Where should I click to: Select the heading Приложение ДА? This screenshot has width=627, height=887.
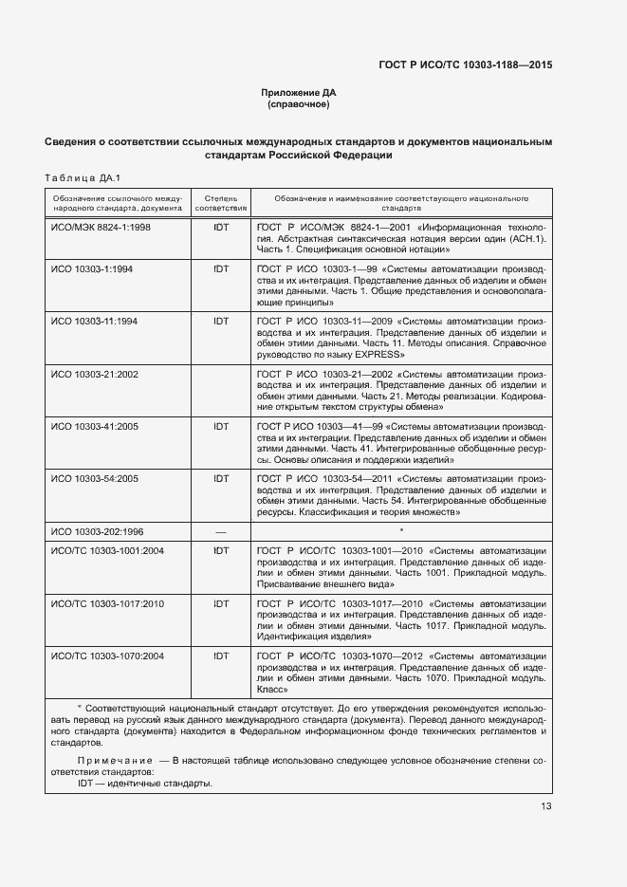[x=299, y=92]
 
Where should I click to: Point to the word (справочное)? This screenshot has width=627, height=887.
[x=299, y=103]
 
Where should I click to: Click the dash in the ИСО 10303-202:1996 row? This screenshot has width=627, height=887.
[x=221, y=531]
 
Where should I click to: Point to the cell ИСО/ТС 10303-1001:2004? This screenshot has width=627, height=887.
[x=107, y=550]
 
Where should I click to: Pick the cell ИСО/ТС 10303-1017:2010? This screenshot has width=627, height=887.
[x=107, y=603]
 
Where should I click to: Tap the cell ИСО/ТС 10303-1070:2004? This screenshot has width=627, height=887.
[x=107, y=656]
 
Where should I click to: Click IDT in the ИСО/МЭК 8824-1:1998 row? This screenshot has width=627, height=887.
[x=221, y=229]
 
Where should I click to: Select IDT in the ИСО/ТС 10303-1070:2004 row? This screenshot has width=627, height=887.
[x=221, y=656]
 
